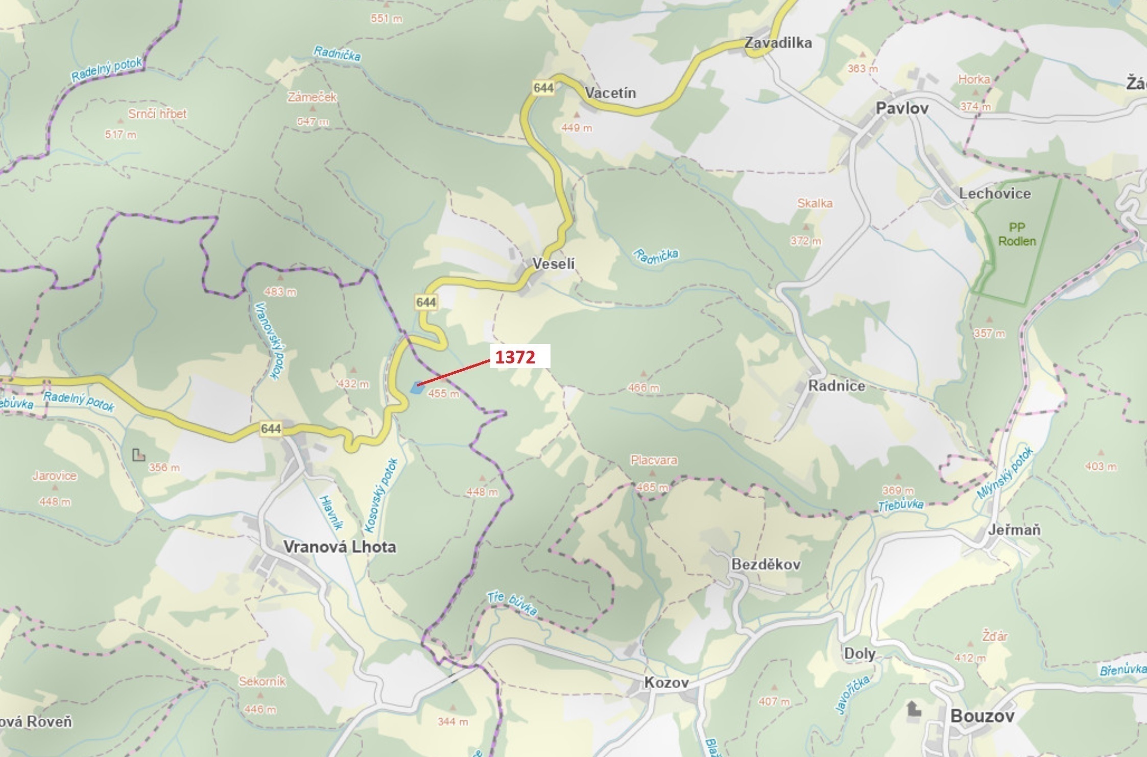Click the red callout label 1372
click(516, 357)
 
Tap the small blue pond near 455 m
click(417, 388)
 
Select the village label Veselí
click(553, 264)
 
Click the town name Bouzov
click(982, 716)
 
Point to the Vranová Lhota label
click(340, 547)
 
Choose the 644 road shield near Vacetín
click(543, 88)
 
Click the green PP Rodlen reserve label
click(1017, 234)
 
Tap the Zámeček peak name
click(312, 97)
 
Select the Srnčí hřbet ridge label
click(157, 114)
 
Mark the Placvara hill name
click(654, 460)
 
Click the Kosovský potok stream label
click(380, 495)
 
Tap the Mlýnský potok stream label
click(1005, 473)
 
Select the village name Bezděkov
click(766, 565)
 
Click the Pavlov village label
click(902, 108)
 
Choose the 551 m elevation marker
click(387, 19)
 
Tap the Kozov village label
click(666, 682)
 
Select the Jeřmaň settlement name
click(1014, 530)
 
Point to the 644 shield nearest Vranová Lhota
click(271, 429)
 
